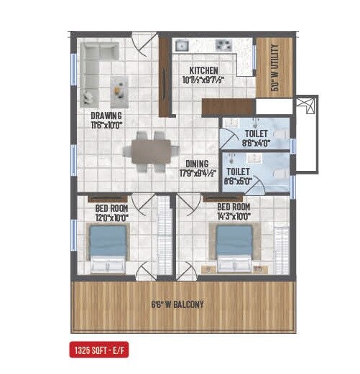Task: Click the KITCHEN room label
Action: click(203, 70)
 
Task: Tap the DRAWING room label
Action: click(106, 115)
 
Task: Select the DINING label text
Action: click(195, 163)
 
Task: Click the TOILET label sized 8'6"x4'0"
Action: click(256, 134)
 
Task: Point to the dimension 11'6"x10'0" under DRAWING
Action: click(106, 124)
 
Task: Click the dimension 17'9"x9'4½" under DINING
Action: click(195, 172)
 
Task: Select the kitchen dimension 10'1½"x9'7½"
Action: click(203, 80)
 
